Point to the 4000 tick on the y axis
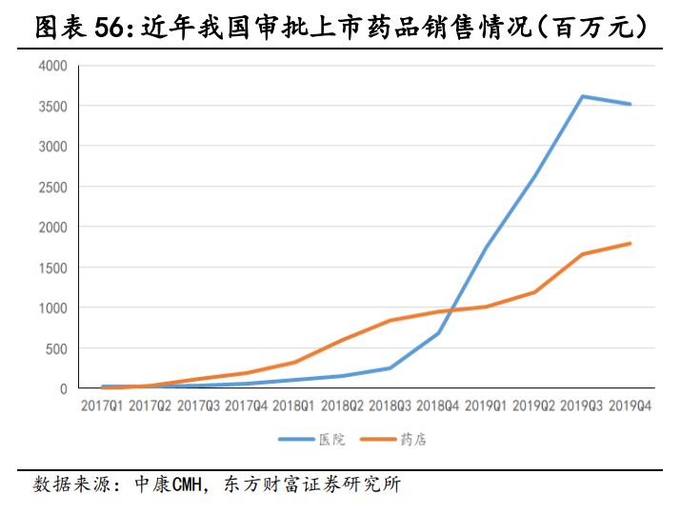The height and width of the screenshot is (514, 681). click(53, 66)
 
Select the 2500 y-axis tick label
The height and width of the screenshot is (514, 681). click(53, 187)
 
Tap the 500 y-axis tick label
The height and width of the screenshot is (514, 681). click(57, 348)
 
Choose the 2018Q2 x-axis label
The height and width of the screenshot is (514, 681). click(341, 406)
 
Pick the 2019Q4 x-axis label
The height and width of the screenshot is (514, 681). click(630, 406)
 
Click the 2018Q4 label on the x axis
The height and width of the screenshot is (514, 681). click(437, 406)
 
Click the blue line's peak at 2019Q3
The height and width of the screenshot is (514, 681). click(582, 96)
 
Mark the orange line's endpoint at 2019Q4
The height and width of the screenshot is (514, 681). click(630, 244)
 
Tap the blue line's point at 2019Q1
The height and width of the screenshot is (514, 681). click(486, 247)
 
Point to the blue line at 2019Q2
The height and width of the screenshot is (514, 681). click(533, 177)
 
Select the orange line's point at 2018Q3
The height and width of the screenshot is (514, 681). click(390, 320)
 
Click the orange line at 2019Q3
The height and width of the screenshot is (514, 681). click(582, 254)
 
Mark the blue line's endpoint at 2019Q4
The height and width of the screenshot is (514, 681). click(630, 104)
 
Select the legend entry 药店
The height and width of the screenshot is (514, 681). click(412, 440)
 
